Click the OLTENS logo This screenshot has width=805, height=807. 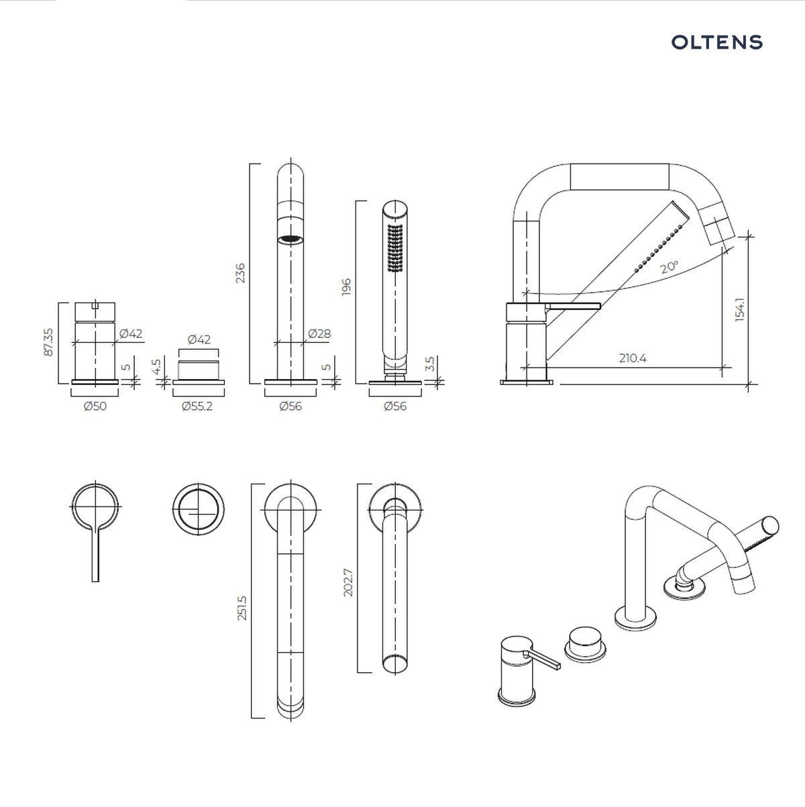click(716, 42)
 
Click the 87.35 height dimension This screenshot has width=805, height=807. click(48, 342)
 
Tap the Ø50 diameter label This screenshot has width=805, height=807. click(95, 406)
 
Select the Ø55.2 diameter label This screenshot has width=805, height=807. click(197, 406)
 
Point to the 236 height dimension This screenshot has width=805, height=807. click(240, 273)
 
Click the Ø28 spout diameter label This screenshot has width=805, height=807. click(319, 333)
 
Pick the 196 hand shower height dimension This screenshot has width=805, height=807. click(346, 287)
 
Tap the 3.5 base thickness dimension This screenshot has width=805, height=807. click(430, 364)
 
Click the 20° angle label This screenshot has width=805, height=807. click(669, 267)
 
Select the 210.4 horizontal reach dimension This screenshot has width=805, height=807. click(633, 358)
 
